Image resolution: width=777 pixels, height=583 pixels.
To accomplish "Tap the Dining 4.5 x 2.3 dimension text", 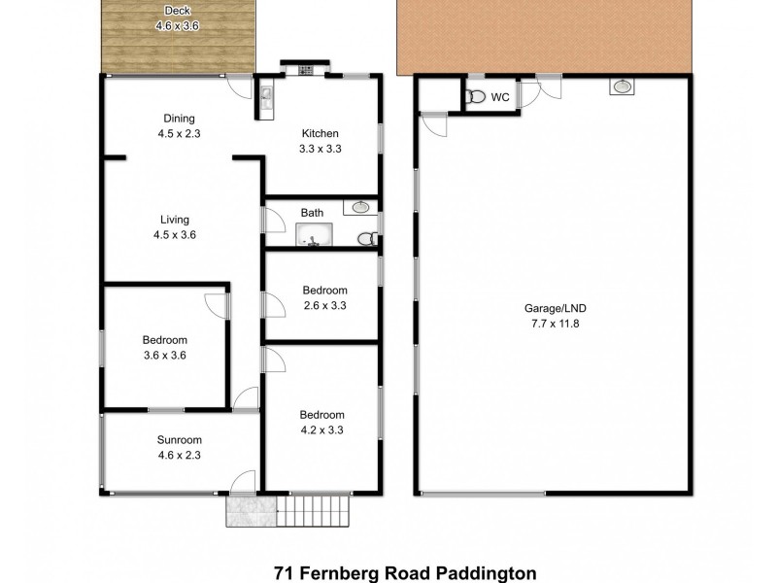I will (179, 134).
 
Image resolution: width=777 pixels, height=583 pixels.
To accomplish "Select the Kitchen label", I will (320, 134).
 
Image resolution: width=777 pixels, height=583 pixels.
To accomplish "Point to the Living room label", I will (175, 220).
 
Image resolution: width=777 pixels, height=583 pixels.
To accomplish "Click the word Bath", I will (312, 212).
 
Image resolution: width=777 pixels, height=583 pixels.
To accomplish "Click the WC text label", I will (500, 97).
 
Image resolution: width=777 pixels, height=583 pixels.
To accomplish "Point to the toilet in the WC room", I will (475, 97).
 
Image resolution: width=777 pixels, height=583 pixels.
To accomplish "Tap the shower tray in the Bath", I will (314, 234).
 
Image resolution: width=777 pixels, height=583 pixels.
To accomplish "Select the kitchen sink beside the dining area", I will (265, 93).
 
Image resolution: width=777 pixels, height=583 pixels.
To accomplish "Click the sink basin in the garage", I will (622, 87).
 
